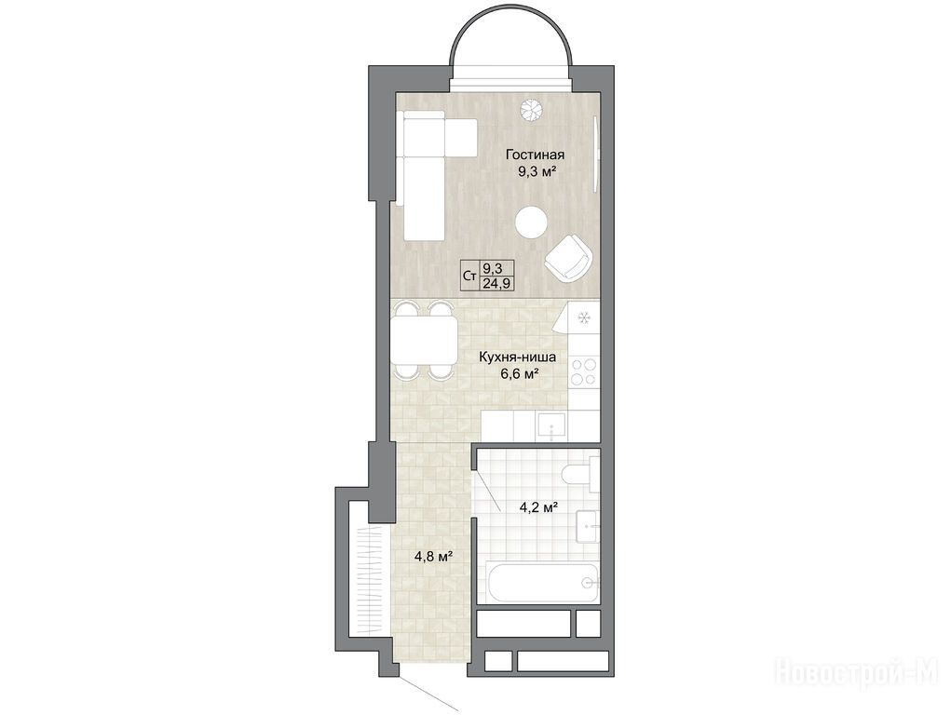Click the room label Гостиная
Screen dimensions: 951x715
(x=536, y=155)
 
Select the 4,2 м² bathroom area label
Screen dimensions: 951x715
(x=538, y=508)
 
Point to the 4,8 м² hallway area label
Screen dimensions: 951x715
(x=435, y=555)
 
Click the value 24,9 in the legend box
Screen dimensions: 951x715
(x=497, y=283)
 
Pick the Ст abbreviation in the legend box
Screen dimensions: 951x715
(x=469, y=276)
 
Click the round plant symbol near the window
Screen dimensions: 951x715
(x=531, y=109)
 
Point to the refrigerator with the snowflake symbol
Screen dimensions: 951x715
(x=579, y=317)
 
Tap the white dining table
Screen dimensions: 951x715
(x=425, y=341)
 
